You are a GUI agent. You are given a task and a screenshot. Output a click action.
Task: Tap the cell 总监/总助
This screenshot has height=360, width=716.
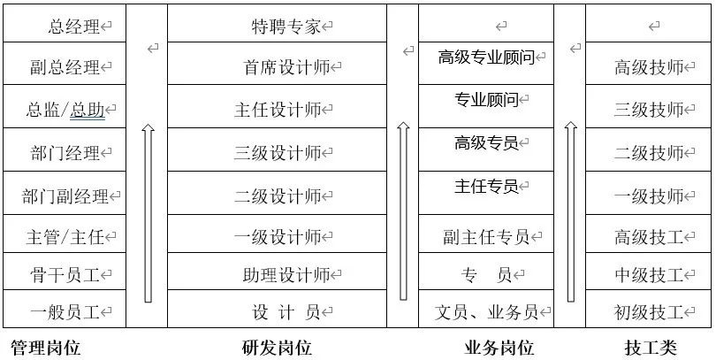tap(66, 110)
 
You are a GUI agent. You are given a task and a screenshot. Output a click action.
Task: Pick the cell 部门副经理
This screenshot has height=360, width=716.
tap(65, 196)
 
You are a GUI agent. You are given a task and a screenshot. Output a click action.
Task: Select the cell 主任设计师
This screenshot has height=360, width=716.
tap(278, 110)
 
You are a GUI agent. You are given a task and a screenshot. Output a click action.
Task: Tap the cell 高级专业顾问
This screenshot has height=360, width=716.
tap(487, 58)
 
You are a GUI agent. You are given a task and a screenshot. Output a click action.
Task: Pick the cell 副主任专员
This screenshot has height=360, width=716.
tap(487, 237)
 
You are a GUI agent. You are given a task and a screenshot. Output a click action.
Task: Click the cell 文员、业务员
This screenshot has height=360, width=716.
tap(487, 311)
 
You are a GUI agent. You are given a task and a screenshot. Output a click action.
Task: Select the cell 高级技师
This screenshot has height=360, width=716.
tap(650, 66)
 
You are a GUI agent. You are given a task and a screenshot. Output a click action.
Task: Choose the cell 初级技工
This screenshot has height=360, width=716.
tap(650, 311)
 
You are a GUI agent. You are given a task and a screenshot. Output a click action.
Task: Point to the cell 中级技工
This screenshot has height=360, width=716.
tap(650, 274)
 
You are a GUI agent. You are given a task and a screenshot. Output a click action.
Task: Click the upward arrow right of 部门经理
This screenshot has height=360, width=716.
tap(148, 212)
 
